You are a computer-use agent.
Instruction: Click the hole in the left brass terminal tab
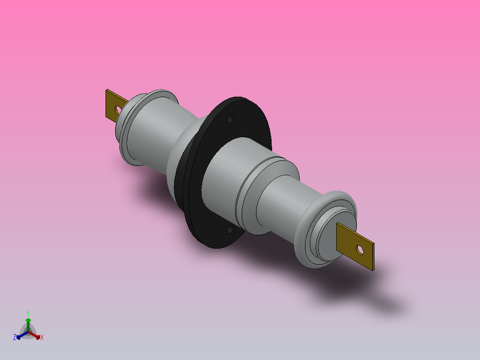[x=119, y=109]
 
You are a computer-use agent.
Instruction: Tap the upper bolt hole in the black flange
[x=230, y=119]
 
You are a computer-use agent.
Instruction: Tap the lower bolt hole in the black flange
[x=230, y=229]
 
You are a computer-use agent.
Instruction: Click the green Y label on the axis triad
[x=28, y=313]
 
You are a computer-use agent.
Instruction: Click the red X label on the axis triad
[x=42, y=337]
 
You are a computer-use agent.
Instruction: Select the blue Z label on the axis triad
[x=15, y=337]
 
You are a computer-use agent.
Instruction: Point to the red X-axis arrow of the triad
[x=35, y=335]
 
